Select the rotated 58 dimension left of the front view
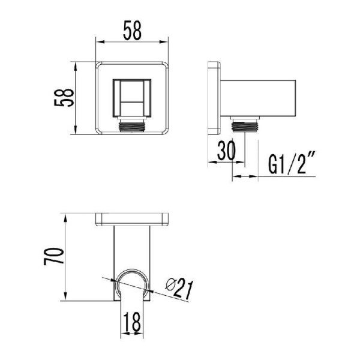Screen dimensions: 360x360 pyautogui.click(x=64, y=98)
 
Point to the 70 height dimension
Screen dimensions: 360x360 pyautogui.click(x=55, y=256)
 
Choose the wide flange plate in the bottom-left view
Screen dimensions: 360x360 pyautogui.click(x=133, y=220)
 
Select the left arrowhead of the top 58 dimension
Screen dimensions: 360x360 pyautogui.click(x=100, y=42)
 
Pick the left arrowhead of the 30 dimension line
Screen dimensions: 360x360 pyautogui.click(x=211, y=163)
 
